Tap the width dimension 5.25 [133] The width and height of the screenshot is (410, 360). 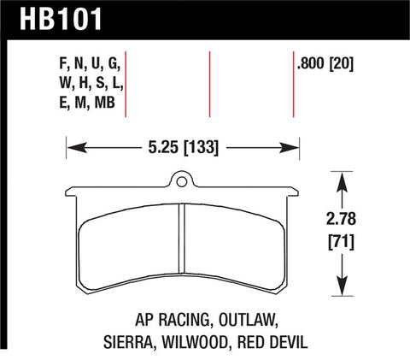(180, 146)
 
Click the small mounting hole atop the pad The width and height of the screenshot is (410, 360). (180, 180)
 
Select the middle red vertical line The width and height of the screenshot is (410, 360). (210, 84)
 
